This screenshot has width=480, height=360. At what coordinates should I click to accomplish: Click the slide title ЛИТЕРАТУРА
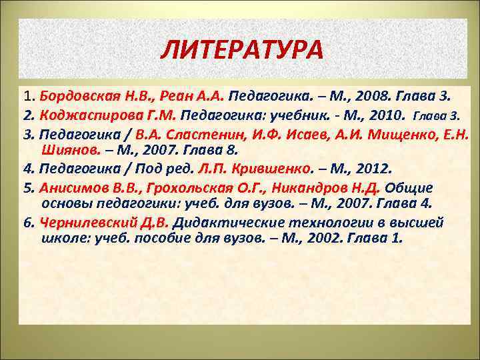click(242, 49)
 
